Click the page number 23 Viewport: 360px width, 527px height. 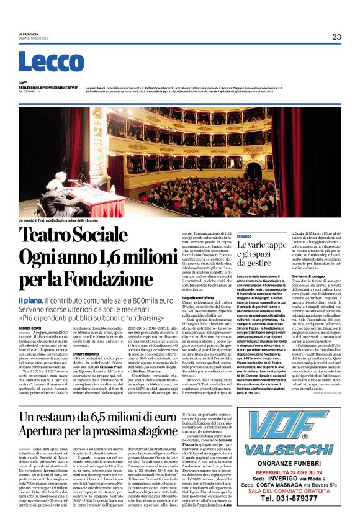(x=336, y=37)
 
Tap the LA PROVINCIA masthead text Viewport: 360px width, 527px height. (x=28, y=34)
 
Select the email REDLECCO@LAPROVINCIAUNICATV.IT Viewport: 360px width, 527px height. (x=48, y=88)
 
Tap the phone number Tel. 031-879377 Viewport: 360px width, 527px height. (x=294, y=515)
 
